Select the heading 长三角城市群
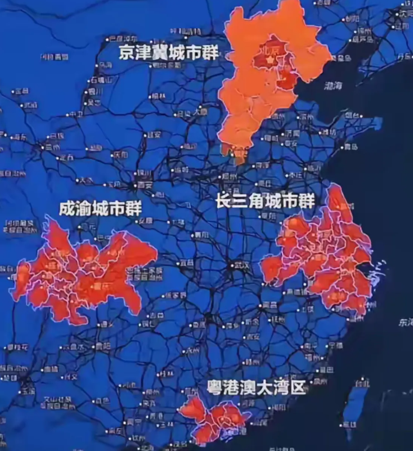265,200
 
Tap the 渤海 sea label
333,86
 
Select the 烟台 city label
352,115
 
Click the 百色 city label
102,401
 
